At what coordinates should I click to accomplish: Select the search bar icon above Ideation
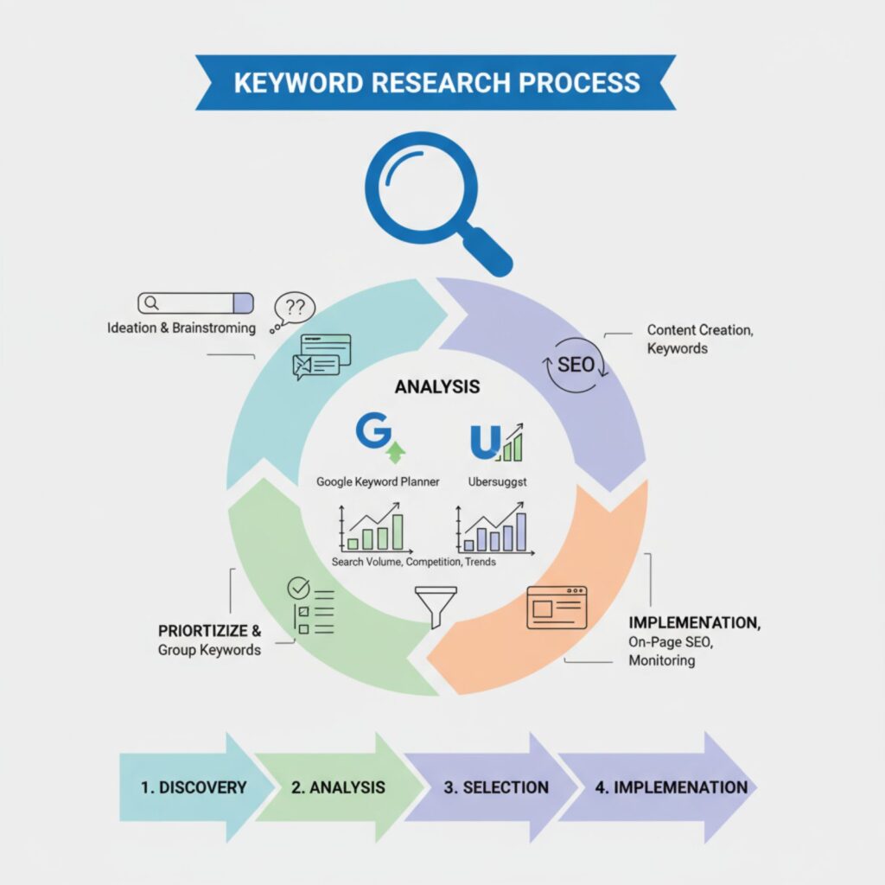[195, 302]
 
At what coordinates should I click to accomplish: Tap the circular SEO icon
[575, 364]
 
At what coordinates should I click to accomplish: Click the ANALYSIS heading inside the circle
[437, 387]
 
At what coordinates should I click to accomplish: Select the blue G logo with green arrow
[378, 437]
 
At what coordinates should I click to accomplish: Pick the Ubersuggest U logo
[496, 441]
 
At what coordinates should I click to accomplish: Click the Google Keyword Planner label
[378, 481]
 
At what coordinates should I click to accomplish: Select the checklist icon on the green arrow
[310, 605]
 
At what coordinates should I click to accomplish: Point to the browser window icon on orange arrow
[557, 607]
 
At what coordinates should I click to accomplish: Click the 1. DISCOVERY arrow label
[194, 787]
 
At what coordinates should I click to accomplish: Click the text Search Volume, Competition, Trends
[414, 562]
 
